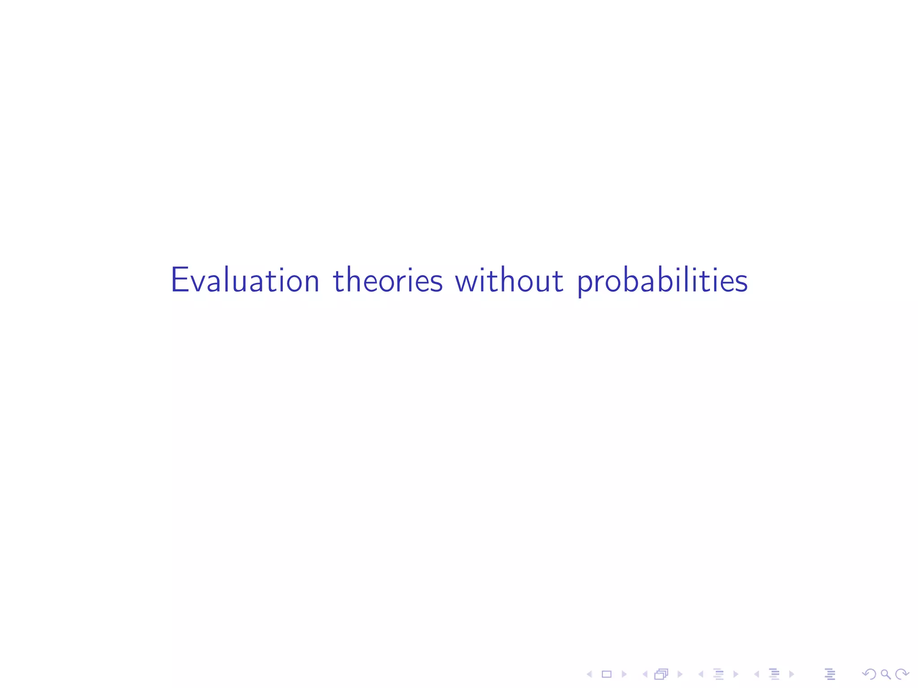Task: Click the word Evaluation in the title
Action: [245, 280]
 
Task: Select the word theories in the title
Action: [388, 280]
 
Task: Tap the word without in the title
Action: [509, 280]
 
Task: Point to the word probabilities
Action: [663, 281]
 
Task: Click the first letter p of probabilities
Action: [585, 285]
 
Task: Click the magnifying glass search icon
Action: [885, 674]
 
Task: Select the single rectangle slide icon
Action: [606, 674]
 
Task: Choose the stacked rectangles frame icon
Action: [661, 674]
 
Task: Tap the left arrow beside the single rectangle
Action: [589, 674]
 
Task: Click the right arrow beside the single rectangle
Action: [624, 674]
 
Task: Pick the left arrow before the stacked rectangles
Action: [645, 674]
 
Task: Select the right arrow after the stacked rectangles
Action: [680, 674]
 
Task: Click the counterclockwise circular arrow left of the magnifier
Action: [869, 674]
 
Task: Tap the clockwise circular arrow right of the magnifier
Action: [902, 674]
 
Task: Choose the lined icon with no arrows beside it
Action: [830, 674]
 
